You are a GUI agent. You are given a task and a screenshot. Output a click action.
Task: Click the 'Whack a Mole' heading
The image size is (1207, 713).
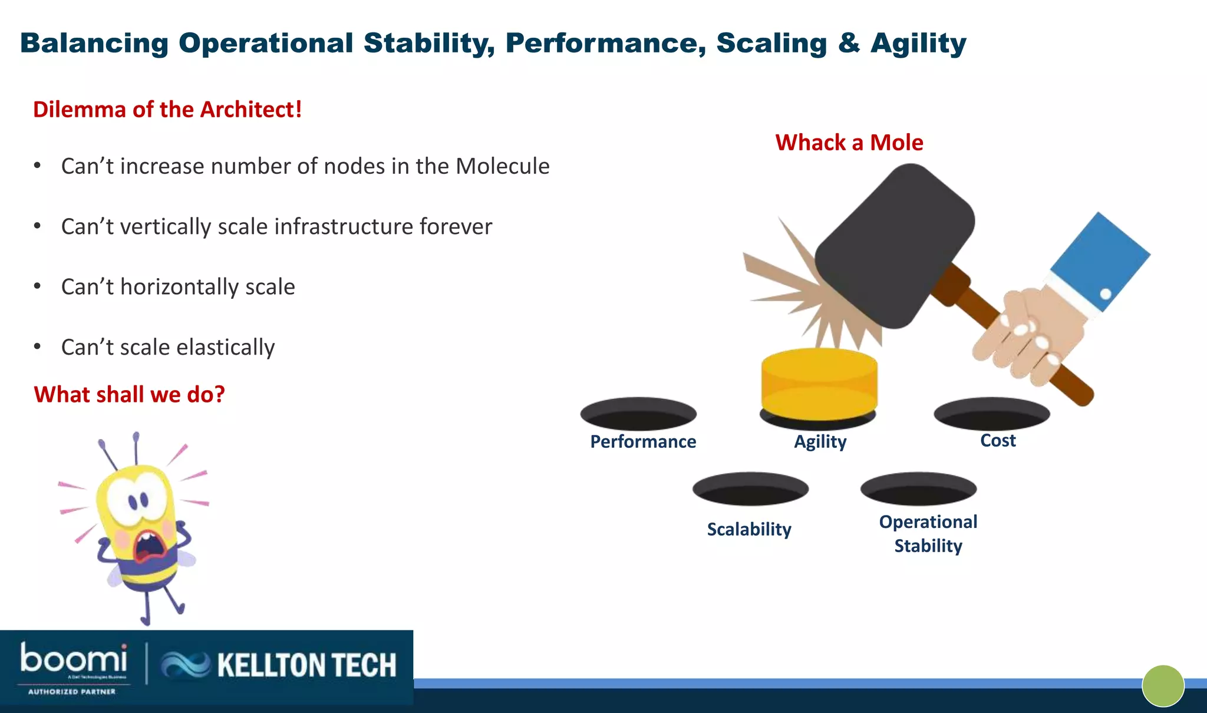849,143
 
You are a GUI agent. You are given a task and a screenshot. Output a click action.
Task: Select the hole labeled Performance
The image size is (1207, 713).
638,414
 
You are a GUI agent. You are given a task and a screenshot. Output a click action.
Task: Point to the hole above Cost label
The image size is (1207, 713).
992,414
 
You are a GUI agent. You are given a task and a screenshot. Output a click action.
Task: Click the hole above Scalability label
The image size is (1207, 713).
750,488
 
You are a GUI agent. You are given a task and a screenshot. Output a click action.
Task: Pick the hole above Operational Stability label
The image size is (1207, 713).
918,488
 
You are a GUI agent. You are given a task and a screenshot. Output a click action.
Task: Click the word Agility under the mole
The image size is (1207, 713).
820,441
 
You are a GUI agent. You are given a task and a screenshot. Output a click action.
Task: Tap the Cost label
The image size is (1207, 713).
998,440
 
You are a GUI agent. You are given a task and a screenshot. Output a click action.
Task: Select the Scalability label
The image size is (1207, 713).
749,529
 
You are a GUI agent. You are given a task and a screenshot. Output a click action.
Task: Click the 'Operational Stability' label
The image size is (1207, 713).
928,534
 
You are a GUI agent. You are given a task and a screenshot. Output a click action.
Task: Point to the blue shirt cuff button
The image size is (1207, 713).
1106,293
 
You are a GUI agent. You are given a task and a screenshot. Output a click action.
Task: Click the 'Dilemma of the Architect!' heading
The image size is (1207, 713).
167,110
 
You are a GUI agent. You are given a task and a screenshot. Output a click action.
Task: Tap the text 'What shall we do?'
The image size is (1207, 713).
129,394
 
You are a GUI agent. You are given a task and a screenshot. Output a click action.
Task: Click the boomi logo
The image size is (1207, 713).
74,660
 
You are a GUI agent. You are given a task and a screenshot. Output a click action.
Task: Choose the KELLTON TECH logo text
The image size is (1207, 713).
306,665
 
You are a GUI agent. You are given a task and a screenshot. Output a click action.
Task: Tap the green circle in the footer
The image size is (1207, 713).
1163,686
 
